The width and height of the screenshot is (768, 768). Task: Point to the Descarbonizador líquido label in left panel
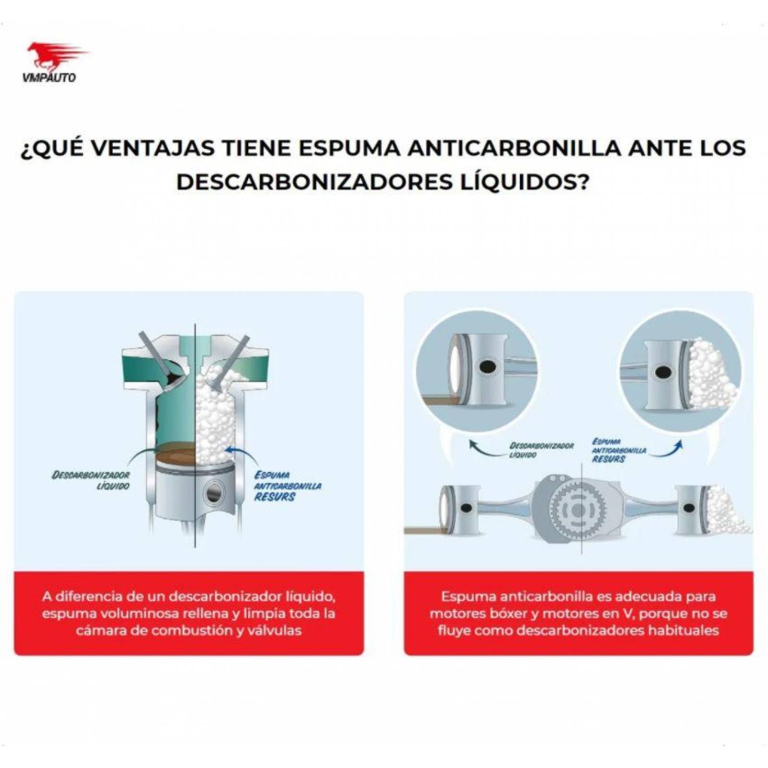(91, 480)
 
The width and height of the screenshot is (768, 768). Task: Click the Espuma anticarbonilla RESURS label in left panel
(287, 485)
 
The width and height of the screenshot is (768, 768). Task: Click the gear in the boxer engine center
(578, 510)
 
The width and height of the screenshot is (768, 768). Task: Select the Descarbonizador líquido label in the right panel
(541, 449)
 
